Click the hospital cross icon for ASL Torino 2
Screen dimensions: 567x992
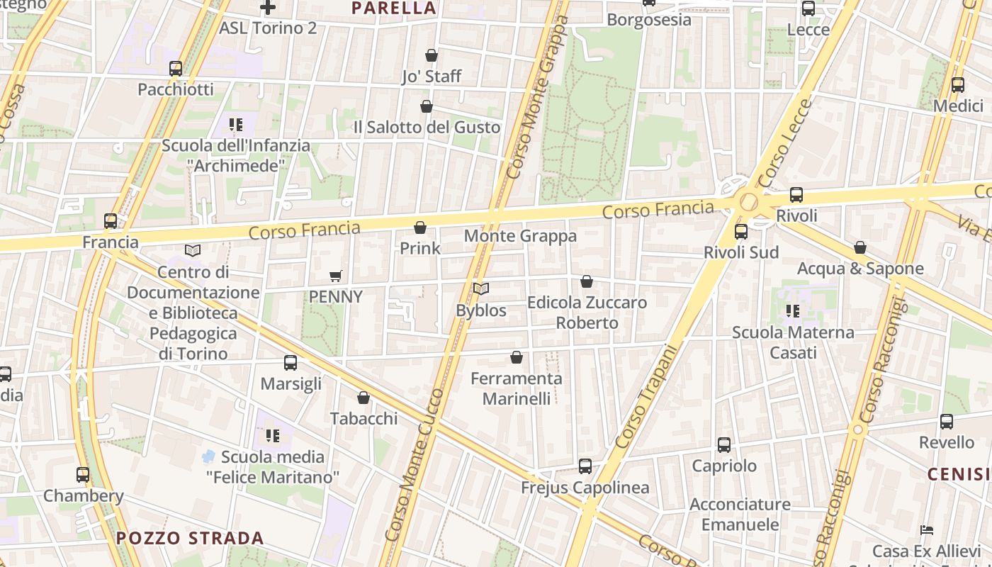pyautogui.click(x=267, y=8)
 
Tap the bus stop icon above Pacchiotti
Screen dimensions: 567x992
pyautogui.click(x=176, y=69)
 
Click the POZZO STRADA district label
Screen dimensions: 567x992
pyautogui.click(x=190, y=538)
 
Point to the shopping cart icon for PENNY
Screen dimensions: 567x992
pyautogui.click(x=336, y=276)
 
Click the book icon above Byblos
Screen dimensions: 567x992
pyautogui.click(x=481, y=289)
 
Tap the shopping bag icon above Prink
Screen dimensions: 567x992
pyautogui.click(x=420, y=228)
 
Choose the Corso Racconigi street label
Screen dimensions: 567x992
pyautogui.click(x=881, y=361)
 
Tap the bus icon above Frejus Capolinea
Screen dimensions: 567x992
pyautogui.click(x=585, y=466)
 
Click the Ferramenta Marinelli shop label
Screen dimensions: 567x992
pyautogui.click(x=517, y=388)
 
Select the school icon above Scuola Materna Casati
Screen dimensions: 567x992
pyautogui.click(x=793, y=310)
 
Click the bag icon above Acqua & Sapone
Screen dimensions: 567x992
pyautogui.click(x=860, y=247)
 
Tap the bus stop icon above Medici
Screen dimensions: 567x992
pyautogui.click(x=958, y=85)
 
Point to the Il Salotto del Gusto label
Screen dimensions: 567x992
pyautogui.click(x=427, y=128)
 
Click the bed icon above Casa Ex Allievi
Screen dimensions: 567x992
pyautogui.click(x=926, y=530)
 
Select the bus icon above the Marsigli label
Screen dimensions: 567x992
pyautogui.click(x=291, y=363)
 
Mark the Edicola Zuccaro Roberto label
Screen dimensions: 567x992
pyautogui.click(x=587, y=313)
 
